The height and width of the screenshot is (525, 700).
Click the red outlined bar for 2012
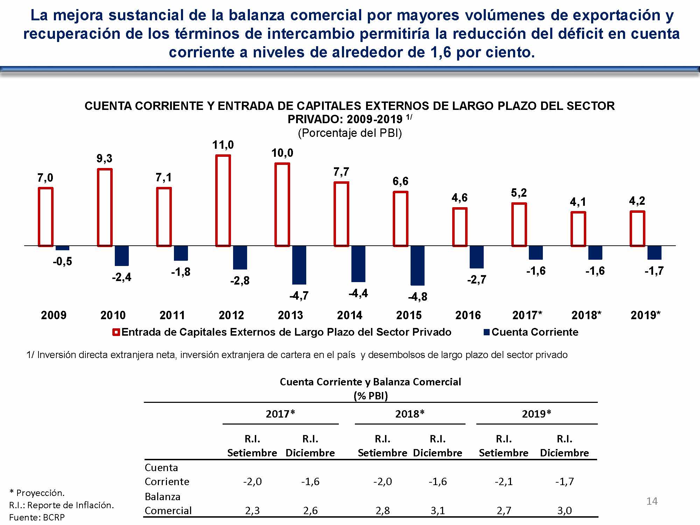223,201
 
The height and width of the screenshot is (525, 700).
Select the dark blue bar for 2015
417,265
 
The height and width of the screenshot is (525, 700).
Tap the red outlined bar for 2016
460,227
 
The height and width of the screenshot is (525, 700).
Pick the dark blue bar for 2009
62,248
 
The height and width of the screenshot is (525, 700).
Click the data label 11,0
223,145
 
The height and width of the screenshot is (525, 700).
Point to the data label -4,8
418,297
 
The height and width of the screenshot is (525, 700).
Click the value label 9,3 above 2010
104,159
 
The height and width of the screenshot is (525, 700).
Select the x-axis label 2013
290,315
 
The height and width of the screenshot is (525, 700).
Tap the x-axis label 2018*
586,315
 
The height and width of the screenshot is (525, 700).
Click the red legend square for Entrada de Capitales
116,332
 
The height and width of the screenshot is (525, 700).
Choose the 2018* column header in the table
410,414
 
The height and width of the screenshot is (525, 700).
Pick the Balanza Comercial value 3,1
437,511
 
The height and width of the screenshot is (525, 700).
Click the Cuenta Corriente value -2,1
504,482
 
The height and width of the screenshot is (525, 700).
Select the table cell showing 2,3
252,511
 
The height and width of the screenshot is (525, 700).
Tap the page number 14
652,501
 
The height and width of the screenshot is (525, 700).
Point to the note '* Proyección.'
37,493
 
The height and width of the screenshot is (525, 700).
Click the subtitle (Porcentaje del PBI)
350,133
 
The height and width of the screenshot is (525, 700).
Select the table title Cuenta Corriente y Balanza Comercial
370,381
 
